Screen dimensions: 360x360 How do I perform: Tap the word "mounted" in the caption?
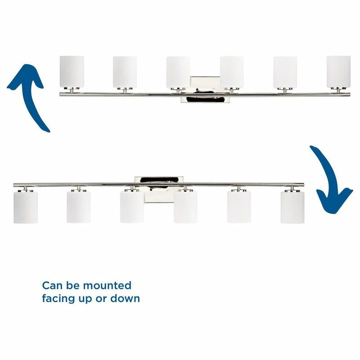(107, 286)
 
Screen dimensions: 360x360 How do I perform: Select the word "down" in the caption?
(125, 298)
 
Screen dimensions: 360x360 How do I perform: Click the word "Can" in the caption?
(52, 286)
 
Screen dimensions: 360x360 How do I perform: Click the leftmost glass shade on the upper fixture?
(72, 72)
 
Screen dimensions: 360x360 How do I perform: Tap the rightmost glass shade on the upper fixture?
(339, 72)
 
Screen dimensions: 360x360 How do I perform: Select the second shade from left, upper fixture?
(125, 72)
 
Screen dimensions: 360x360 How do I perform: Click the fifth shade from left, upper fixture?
(285, 72)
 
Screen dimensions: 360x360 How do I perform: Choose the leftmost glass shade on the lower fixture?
(26, 207)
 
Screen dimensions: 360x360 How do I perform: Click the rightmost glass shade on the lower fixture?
(292, 207)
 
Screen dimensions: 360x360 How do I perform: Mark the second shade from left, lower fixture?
(78, 207)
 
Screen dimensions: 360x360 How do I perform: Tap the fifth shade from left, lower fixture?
(239, 207)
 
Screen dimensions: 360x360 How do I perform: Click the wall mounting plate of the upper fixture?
(205, 89)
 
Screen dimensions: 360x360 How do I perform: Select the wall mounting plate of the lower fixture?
(159, 189)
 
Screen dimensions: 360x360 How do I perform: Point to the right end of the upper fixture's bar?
(350, 94)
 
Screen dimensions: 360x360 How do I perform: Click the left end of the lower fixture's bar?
(14, 185)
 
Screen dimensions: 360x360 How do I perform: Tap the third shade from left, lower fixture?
(132, 207)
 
